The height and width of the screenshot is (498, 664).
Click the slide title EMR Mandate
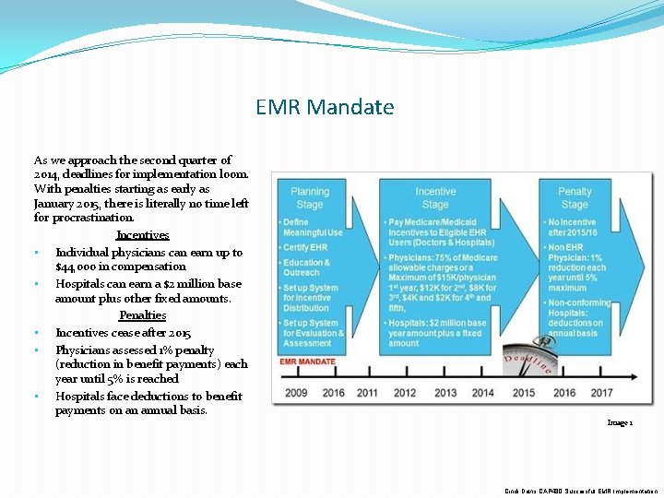(x=325, y=107)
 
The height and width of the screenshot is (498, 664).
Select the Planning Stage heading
(x=309, y=197)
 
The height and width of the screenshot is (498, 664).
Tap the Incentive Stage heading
(x=435, y=197)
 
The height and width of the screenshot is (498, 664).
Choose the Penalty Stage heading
(x=575, y=197)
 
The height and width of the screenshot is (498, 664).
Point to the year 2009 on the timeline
(x=296, y=393)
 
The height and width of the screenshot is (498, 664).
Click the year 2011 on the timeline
(x=367, y=393)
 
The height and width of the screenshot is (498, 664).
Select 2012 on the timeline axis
(x=406, y=393)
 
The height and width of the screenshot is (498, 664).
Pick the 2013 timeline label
(x=445, y=393)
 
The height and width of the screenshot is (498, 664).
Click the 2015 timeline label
(x=524, y=393)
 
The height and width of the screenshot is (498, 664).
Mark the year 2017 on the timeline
(x=601, y=393)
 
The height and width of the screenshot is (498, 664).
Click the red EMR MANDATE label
(x=307, y=362)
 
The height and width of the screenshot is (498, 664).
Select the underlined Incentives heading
(x=143, y=235)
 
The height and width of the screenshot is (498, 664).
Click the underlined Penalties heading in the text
(x=142, y=315)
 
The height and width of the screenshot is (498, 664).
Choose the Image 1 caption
(x=619, y=422)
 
